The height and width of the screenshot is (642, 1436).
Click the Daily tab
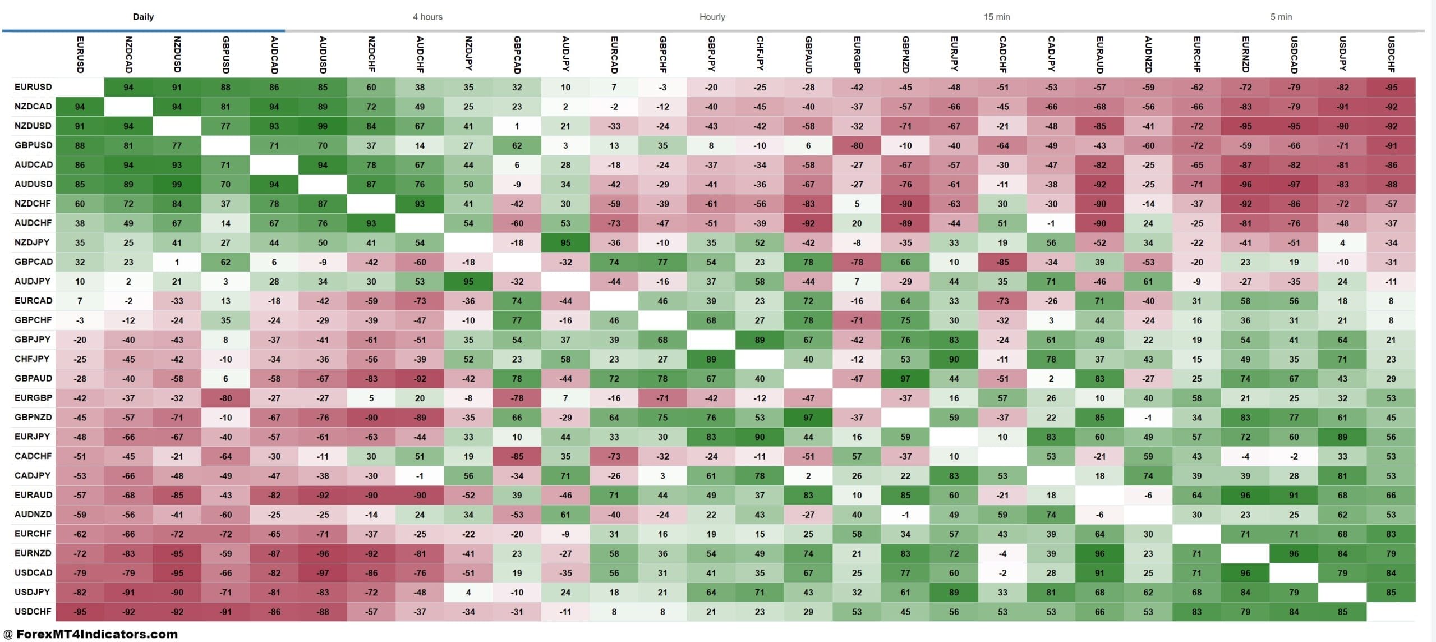[143, 17]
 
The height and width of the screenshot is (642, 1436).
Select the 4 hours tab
[427, 17]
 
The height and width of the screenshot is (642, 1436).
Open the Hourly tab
[712, 17]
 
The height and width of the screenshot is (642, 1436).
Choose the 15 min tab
[996, 17]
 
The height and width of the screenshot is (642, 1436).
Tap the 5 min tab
[1281, 17]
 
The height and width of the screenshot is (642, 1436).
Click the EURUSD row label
[33, 87]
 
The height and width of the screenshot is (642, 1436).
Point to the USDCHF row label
[33, 611]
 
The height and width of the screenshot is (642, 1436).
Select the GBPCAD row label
[33, 262]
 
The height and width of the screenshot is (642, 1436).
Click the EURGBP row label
[33, 398]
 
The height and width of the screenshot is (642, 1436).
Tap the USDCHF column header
[1391, 54]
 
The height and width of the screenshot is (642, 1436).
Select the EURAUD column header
[1099, 54]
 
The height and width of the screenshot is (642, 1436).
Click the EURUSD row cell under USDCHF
[1391, 88]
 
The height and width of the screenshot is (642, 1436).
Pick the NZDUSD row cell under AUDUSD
[323, 126]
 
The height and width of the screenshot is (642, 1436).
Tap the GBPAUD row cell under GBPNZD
[905, 379]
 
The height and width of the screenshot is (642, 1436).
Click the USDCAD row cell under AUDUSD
[323, 573]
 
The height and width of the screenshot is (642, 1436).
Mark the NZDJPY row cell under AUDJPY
[565, 243]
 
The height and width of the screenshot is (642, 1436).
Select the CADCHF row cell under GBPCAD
[517, 456]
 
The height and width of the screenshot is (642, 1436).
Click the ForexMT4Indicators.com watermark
[91, 634]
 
